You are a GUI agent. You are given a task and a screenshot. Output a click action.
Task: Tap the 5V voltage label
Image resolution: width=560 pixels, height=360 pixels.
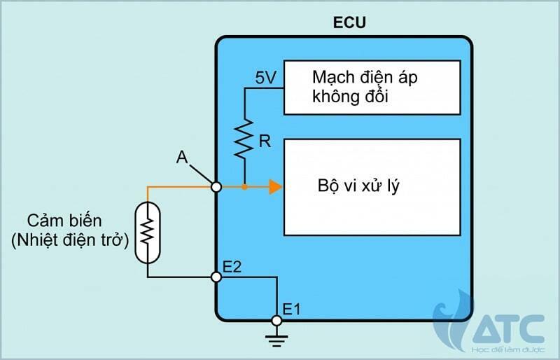click(265, 78)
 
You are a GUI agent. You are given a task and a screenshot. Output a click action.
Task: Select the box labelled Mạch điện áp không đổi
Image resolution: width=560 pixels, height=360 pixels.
click(372, 87)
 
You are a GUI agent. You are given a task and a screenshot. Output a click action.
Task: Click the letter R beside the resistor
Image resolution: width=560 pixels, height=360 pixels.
click(264, 142)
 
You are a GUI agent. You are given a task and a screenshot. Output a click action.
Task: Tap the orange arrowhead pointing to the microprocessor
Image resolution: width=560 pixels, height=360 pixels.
click(275, 187)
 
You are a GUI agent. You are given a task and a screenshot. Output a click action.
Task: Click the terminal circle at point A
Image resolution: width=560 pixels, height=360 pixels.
click(216, 187)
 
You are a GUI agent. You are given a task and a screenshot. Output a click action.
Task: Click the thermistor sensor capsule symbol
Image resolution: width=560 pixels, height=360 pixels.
click(147, 232)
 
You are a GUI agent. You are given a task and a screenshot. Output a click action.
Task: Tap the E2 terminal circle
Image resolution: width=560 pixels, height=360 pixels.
click(216, 277)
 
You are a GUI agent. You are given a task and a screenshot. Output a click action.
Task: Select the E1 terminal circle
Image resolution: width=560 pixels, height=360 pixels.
click(276, 321)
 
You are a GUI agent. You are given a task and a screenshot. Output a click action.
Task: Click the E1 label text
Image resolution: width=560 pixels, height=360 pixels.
click(293, 307)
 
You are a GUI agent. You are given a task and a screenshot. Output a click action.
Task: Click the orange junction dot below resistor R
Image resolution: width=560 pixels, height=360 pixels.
click(244, 187)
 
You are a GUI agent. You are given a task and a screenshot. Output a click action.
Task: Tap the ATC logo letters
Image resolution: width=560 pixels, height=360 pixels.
click(509, 326)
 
